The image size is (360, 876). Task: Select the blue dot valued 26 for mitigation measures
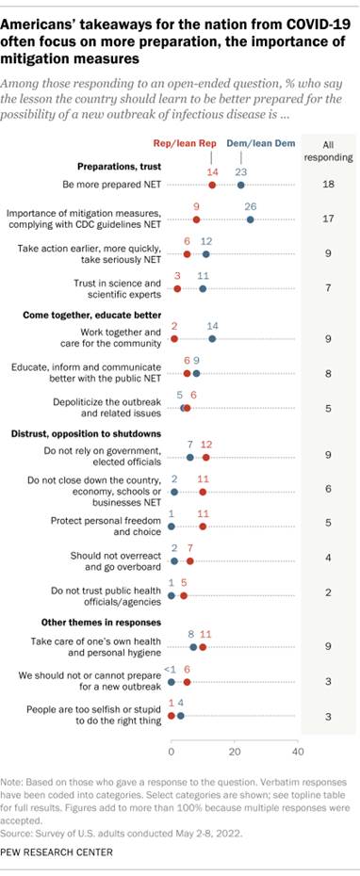click(x=250, y=219)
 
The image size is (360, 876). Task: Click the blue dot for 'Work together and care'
click(x=212, y=338)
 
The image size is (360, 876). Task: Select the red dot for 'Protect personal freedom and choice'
click(x=203, y=526)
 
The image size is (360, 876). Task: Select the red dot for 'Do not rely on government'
click(x=206, y=457)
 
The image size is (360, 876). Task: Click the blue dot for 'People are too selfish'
click(x=181, y=715)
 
